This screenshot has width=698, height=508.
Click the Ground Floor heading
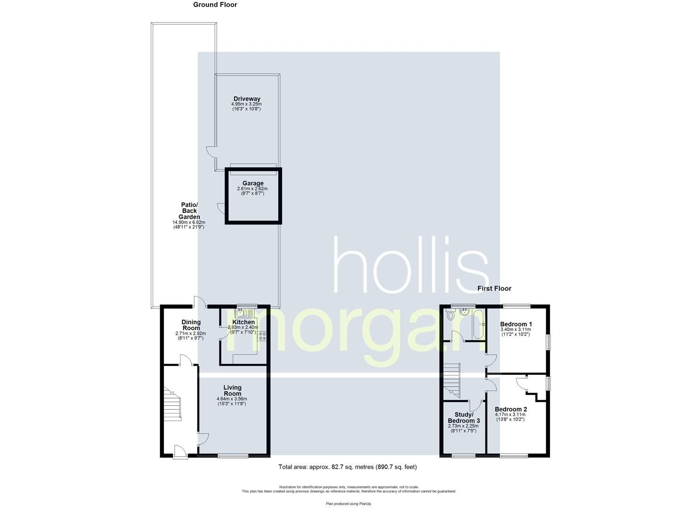tap(215, 5)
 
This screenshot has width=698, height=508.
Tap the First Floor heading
tap(494, 288)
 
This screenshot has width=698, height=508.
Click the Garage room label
tap(253, 183)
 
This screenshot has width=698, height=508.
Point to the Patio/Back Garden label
tap(190, 211)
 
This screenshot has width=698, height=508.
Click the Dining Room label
tap(191, 325)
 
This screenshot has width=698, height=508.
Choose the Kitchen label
tap(243, 322)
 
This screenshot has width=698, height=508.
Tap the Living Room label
tap(232, 390)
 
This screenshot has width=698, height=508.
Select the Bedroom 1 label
tap(516, 324)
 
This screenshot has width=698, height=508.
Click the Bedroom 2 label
tap(510, 409)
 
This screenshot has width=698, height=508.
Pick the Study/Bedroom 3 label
tap(463, 417)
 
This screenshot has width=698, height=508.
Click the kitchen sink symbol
tap(245, 312)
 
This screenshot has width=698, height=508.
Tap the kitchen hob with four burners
tap(262, 335)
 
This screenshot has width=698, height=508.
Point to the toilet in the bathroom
tap(450, 316)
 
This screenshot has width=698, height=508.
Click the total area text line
tap(347, 467)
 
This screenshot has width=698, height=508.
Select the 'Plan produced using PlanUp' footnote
tap(348, 503)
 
